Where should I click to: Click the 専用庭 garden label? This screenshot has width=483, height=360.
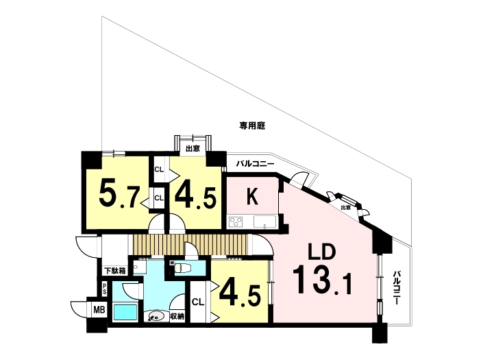(252, 125)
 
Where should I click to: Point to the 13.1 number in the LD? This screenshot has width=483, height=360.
(322, 280)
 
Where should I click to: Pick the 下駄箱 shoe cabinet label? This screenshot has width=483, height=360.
(115, 272)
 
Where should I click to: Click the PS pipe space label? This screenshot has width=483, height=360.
(105, 289)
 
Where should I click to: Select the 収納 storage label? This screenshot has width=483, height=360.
(177, 316)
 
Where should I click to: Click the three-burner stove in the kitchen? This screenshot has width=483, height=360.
(236, 221)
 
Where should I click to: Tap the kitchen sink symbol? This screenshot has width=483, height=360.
(264, 221)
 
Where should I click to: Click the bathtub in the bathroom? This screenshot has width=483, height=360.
(125, 312)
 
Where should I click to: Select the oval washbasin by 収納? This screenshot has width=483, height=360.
(156, 316)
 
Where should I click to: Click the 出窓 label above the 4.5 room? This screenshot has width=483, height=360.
(193, 149)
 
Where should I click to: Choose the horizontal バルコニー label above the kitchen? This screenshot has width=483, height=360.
(255, 164)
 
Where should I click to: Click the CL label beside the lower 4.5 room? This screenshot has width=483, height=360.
(198, 302)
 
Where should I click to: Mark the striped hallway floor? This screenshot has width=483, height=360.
(190, 245)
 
